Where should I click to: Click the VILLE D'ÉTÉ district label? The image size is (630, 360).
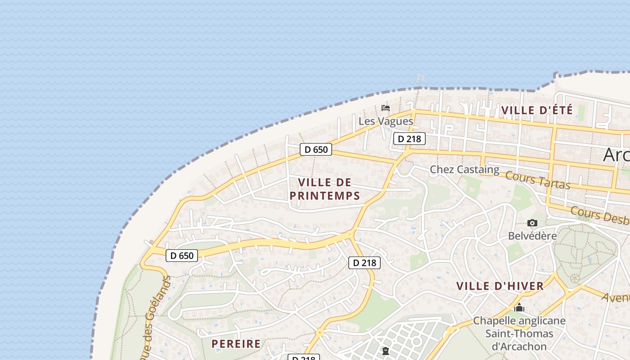537,110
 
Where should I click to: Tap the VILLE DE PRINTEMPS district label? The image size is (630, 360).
324,189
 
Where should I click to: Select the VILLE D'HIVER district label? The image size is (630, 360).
500,286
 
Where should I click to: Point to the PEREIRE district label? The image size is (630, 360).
236,344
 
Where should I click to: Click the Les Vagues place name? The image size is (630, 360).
386,121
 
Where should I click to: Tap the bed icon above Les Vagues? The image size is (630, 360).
386,108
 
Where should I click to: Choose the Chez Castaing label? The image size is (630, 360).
464,170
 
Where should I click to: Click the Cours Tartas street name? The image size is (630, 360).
538,180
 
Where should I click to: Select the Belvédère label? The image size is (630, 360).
532,236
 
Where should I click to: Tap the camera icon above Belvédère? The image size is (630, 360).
532,223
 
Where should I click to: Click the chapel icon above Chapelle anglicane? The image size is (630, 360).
519,308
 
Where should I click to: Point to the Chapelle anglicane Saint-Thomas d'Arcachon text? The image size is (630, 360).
519,333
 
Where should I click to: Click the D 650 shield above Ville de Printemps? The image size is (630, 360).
316,149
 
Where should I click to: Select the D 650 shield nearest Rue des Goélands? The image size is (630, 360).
182,256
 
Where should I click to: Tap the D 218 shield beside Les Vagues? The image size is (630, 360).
409,139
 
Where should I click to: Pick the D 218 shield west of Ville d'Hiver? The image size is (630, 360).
364,263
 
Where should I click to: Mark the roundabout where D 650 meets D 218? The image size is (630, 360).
350,234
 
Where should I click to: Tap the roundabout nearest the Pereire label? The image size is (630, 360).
319,333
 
